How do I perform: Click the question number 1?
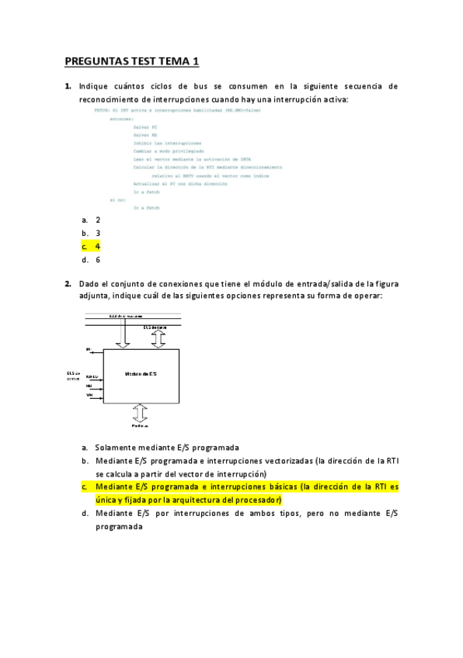click(68, 87)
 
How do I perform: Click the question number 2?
click(68, 283)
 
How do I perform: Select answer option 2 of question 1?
click(98, 220)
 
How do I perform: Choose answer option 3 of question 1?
click(98, 233)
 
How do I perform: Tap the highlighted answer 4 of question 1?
click(98, 247)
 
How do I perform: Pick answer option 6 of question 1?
click(98, 260)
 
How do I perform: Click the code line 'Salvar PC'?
click(145, 126)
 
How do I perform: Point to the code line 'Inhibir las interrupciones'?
click(167, 144)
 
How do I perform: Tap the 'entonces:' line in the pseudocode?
click(121, 119)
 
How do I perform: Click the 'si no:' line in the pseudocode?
click(117, 200)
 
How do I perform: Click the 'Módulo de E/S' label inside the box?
click(141, 374)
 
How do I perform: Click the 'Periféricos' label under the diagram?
click(141, 426)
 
